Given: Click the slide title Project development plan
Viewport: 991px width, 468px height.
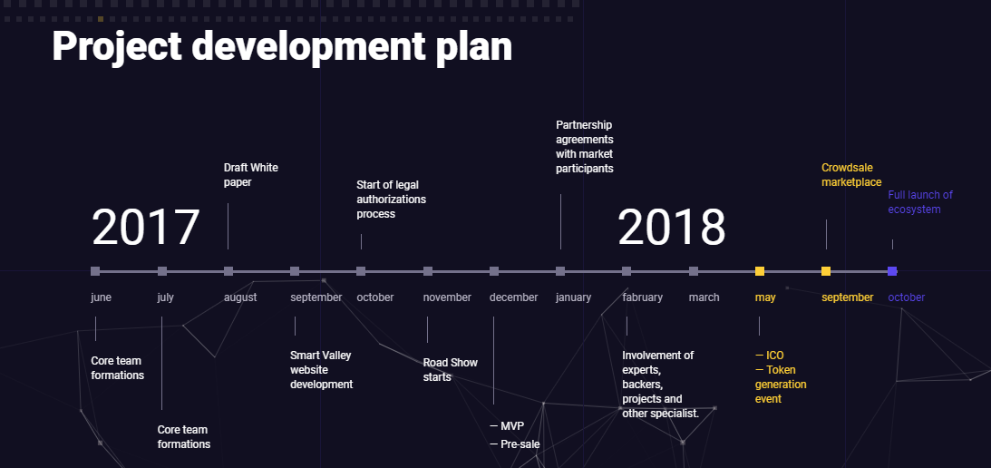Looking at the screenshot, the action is tap(282, 47).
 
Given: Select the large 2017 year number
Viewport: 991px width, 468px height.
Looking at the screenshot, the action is tap(146, 228).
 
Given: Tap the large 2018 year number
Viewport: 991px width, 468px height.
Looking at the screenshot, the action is tap(671, 228).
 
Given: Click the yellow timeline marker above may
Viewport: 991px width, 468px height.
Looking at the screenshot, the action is tap(760, 271).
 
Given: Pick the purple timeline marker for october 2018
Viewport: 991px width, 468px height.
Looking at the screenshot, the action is tap(892, 271).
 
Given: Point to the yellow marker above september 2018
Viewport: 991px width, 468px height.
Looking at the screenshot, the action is tap(826, 271).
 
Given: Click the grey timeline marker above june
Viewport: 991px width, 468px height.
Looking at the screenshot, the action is tap(95, 271).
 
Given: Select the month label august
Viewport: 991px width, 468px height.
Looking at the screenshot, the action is tap(240, 297).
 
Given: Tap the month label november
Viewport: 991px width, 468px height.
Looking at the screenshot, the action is tap(447, 297).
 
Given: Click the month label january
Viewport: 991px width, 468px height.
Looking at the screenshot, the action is tap(573, 297).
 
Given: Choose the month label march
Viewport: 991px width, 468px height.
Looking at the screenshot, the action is tap(704, 297).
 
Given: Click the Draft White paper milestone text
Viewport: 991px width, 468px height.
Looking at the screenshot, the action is tap(251, 175).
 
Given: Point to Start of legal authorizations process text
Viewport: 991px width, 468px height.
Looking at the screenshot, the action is tap(391, 200).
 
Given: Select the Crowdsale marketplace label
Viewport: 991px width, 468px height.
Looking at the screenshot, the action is tap(851, 175).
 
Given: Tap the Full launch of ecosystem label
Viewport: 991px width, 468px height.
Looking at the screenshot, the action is tap(920, 202).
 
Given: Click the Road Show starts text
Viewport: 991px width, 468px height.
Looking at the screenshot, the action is tap(450, 370).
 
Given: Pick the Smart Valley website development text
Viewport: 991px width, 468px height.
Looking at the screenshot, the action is tap(322, 370).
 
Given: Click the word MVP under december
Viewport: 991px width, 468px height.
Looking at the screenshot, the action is tap(512, 426).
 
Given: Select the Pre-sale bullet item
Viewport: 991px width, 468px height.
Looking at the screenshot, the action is tap(514, 444).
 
